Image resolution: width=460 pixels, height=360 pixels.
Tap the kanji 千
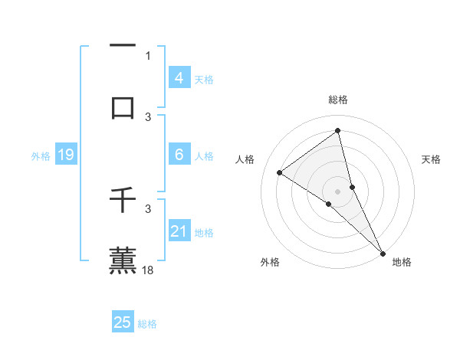123,201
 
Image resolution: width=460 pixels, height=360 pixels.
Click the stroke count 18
149,270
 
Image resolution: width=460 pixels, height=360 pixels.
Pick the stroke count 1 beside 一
148,56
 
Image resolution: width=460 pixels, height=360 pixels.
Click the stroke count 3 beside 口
148,116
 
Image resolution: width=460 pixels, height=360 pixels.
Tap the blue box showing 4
179,78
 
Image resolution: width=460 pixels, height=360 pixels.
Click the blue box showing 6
179,155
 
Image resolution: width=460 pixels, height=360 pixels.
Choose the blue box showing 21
179,231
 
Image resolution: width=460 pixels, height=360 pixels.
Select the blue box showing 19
65,155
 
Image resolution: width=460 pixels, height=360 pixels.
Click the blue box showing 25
123,322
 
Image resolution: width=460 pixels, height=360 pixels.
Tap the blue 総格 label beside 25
147,324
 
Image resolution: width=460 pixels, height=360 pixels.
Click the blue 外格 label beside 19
41,156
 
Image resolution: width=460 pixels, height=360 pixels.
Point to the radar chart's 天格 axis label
431,159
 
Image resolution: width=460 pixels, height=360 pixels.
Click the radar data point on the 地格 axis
383,252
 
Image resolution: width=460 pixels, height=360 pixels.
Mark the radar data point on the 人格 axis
279,172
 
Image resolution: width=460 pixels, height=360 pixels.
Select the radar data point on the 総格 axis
338,131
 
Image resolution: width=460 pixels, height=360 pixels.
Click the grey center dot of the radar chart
338,191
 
